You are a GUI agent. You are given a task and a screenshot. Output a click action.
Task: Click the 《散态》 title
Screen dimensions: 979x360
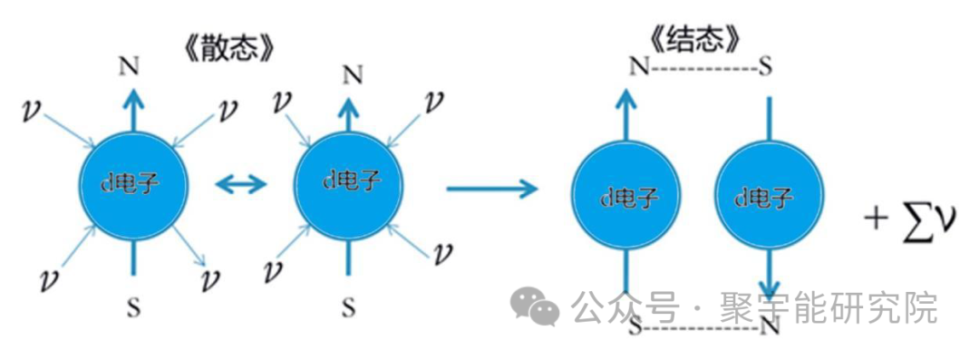click(x=228, y=51)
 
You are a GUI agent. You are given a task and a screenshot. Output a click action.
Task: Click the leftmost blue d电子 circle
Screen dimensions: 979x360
click(x=132, y=184)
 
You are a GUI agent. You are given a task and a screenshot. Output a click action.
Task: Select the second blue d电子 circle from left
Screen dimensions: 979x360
click(x=348, y=182)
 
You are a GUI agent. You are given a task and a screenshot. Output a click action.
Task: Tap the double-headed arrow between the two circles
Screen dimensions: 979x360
click(x=240, y=184)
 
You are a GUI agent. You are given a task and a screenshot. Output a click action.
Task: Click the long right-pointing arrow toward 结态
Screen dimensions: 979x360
click(x=492, y=187)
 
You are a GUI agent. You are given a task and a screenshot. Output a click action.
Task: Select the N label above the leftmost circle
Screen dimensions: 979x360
click(x=130, y=67)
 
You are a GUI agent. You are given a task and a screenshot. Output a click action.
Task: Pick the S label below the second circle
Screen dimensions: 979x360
click(x=349, y=306)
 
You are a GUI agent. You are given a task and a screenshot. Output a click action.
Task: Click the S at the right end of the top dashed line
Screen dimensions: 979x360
click(x=765, y=65)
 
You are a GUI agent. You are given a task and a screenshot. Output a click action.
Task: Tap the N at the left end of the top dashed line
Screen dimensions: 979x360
click(x=639, y=65)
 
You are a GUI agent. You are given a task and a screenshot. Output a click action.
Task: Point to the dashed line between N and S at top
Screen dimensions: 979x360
click(x=703, y=65)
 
